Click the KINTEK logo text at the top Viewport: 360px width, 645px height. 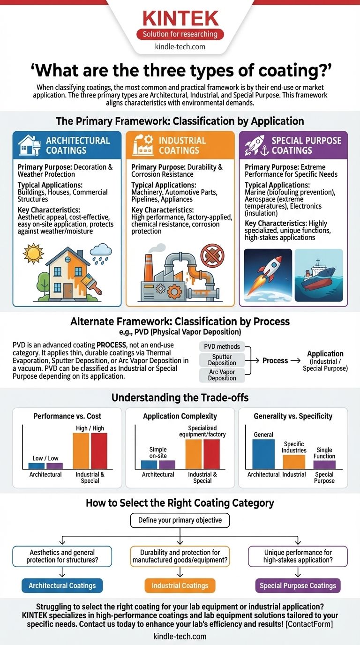pyautogui.click(x=180, y=18)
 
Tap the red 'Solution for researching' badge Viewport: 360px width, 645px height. pyautogui.click(x=180, y=34)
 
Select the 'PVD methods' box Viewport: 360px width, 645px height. pyautogui.click(x=222, y=347)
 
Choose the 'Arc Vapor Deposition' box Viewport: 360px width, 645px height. pyautogui.click(x=222, y=375)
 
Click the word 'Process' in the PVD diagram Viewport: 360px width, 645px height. pyautogui.click(x=275, y=360)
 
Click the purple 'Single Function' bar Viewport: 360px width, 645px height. pyautogui.click(x=324, y=465)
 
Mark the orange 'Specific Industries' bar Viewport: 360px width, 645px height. pyautogui.click(x=294, y=462)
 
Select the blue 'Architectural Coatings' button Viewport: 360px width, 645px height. pyautogui.click(x=62, y=585)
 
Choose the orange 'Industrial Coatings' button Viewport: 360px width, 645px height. pyautogui.click(x=180, y=585)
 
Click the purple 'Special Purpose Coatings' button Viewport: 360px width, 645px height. pyautogui.click(x=298, y=585)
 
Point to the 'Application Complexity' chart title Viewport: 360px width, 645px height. pyautogui.click(x=180, y=416)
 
